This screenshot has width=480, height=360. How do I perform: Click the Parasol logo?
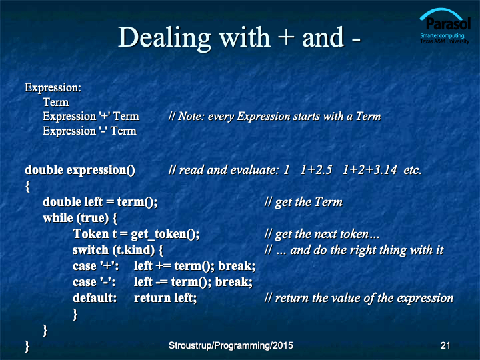click(445, 26)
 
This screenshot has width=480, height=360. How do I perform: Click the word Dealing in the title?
click(165, 38)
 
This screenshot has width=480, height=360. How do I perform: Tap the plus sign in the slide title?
click(286, 38)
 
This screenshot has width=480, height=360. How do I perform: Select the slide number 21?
click(445, 345)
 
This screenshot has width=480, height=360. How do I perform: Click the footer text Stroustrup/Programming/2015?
click(231, 345)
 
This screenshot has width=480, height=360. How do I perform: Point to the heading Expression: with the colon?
click(53, 88)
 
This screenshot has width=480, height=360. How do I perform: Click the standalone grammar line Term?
click(56, 102)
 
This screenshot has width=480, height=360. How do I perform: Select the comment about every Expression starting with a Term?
click(275, 116)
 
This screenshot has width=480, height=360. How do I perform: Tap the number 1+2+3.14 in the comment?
click(369, 170)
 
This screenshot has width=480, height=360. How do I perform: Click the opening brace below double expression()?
click(27, 186)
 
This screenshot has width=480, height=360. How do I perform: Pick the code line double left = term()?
click(100, 202)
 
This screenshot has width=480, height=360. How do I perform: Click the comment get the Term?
click(303, 202)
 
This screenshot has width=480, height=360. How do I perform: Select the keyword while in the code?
click(58, 218)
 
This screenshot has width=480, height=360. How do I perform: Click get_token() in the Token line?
click(165, 234)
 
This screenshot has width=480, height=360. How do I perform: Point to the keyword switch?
click(91, 250)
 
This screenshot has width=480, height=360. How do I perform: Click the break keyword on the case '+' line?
click(237, 266)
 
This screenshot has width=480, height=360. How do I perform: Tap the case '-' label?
click(94, 282)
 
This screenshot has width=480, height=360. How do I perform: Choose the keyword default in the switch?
click(95, 298)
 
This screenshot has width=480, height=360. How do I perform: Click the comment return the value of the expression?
click(359, 298)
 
